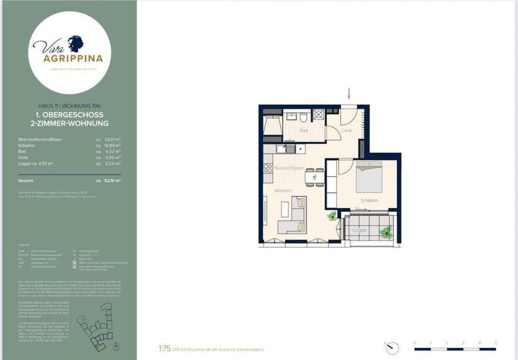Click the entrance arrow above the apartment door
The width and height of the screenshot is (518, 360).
(349, 94)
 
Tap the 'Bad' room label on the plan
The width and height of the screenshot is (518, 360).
(304, 131)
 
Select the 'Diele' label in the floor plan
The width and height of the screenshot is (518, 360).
(347, 130)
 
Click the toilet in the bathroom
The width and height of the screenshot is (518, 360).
(302, 116)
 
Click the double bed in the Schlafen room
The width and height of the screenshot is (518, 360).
(369, 177)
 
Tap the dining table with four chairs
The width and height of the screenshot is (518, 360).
(314, 177)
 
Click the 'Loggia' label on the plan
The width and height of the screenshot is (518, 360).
(359, 230)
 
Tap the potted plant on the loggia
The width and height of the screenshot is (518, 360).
(386, 232)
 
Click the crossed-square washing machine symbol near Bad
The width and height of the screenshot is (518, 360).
(318, 115)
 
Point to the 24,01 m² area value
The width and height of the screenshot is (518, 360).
(112, 140)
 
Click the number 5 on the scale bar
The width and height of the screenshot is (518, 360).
(496, 342)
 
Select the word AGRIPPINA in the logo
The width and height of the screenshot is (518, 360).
(69, 58)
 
